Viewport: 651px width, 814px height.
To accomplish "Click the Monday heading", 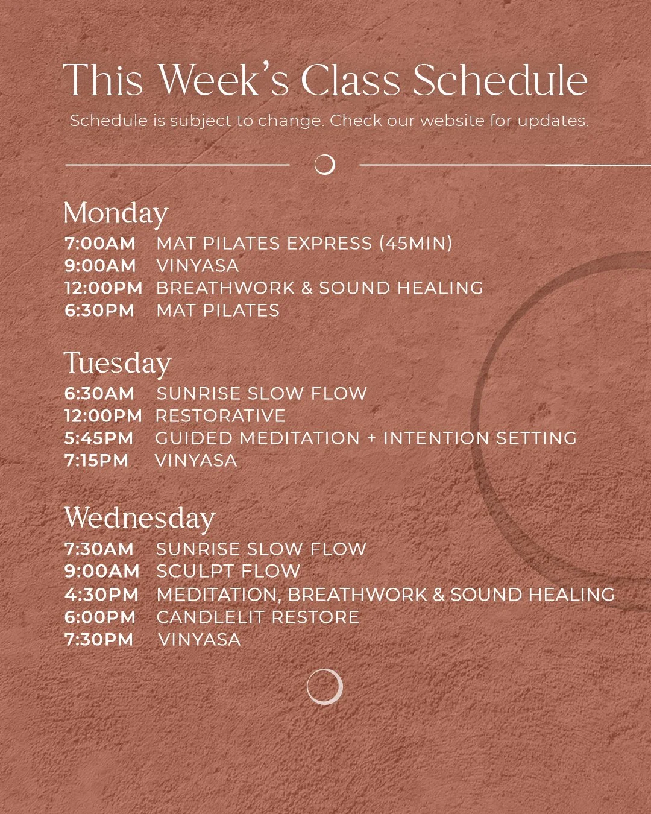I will click(x=115, y=213).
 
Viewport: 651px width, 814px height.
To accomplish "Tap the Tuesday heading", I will click(x=118, y=364).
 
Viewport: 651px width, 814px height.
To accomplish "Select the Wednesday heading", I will click(x=139, y=519).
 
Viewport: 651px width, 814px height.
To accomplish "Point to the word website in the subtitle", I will click(x=452, y=121).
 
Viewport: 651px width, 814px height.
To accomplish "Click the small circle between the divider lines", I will click(x=325, y=165).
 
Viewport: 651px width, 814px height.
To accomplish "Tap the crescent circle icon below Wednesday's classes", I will click(x=324, y=687).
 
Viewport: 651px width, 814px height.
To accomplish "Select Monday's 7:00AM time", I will click(x=100, y=244).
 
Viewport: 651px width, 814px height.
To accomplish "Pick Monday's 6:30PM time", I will click(x=99, y=311).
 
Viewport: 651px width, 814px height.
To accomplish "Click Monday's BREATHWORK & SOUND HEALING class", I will click(x=319, y=288).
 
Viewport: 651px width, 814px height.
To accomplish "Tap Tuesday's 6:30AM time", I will click(x=99, y=394).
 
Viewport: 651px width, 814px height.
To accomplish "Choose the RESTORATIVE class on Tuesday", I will click(x=220, y=416).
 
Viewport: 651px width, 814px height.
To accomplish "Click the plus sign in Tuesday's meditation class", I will click(x=371, y=438).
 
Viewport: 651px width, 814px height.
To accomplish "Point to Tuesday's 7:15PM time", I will click(x=96, y=461).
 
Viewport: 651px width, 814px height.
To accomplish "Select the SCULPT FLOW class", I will click(x=228, y=571).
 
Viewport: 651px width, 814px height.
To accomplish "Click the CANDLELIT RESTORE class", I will click(x=257, y=617).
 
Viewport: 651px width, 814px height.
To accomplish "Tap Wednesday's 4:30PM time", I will click(x=101, y=595).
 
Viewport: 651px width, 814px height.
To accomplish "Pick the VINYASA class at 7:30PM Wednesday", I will click(x=199, y=640).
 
